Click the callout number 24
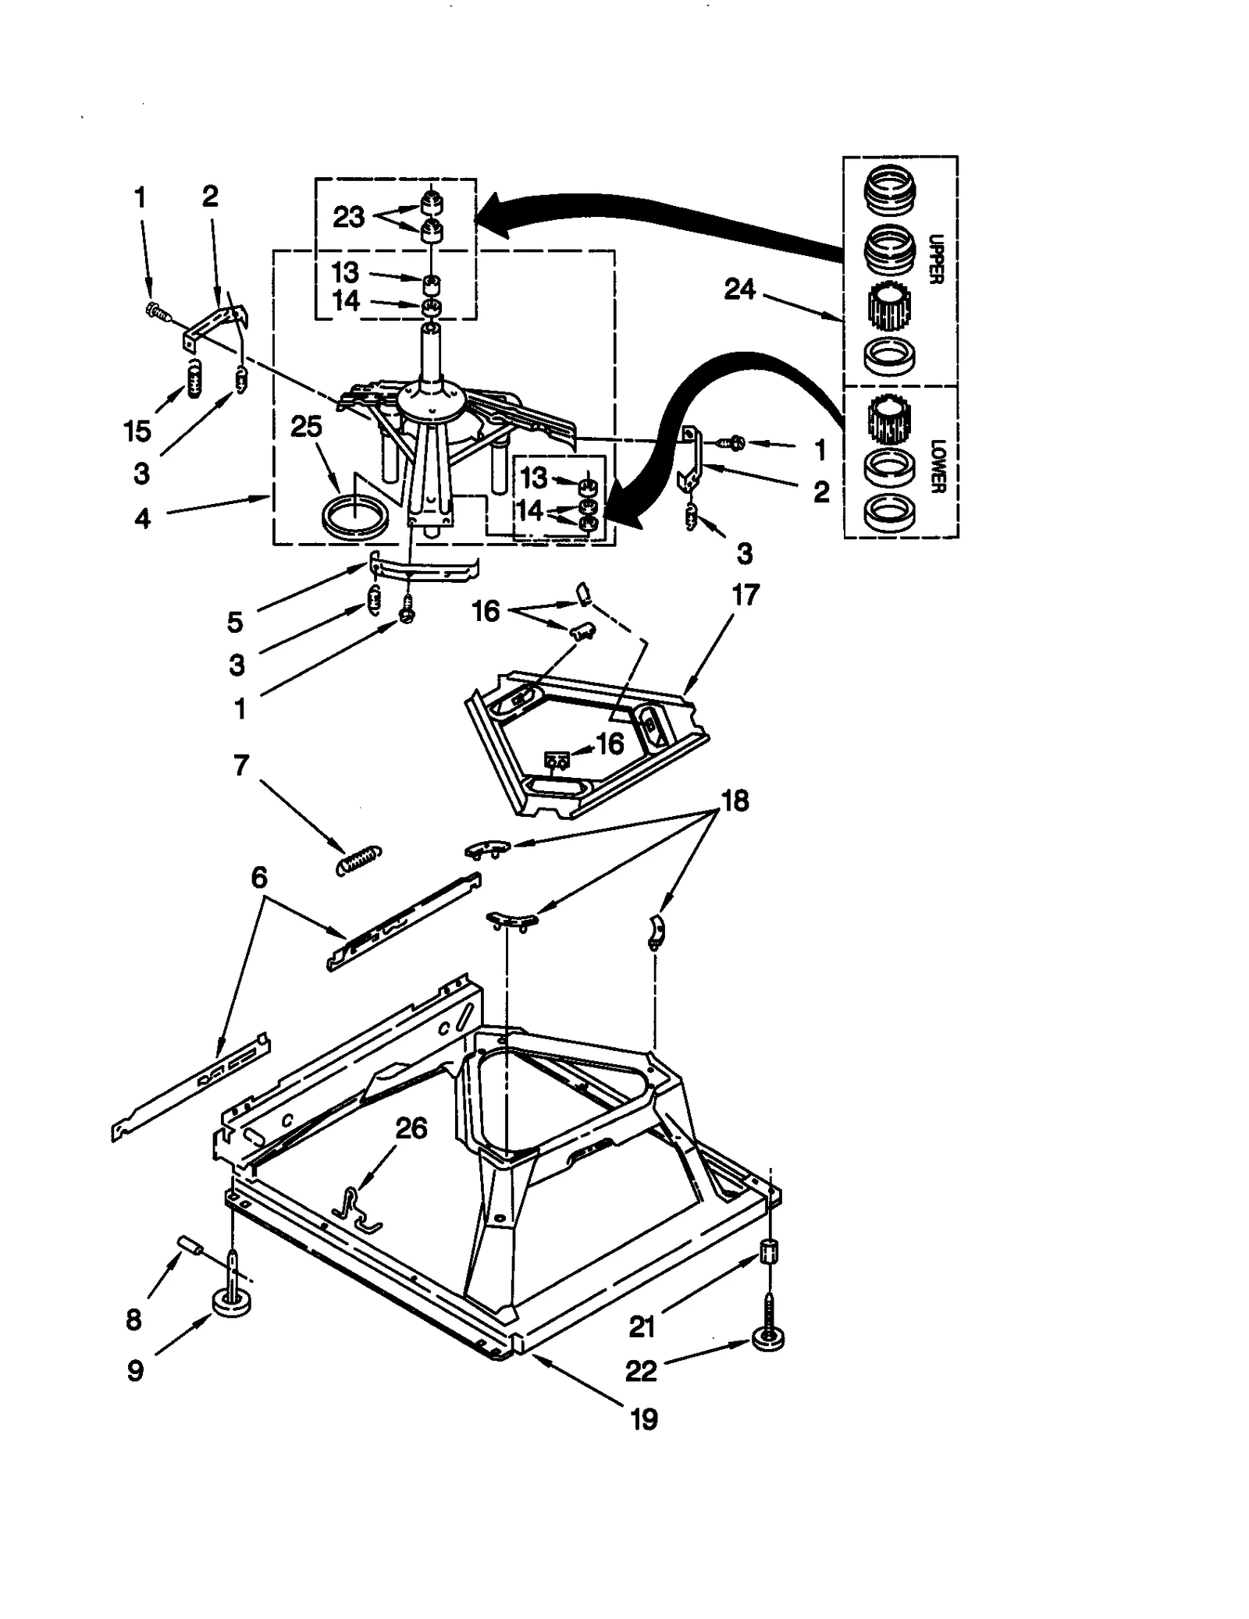click(739, 290)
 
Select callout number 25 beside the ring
click(306, 426)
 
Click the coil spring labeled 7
click(358, 859)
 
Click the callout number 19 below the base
click(644, 1419)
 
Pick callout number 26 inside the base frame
click(411, 1128)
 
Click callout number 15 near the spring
click(137, 431)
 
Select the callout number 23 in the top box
click(348, 217)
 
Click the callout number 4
click(142, 517)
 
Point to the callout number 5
click(235, 622)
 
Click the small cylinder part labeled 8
click(192, 1244)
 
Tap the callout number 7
click(241, 765)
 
